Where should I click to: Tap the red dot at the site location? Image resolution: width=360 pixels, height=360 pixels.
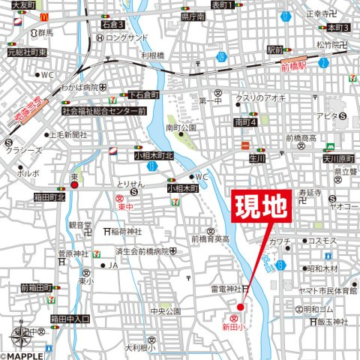tap(241, 307)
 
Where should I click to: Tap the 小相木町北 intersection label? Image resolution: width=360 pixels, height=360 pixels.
tap(153, 155)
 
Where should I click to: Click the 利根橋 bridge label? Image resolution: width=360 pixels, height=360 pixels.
tap(152, 55)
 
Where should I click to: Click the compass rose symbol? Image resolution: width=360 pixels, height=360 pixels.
tap(21, 331)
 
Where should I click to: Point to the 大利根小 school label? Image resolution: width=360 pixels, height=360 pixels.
tap(139, 347)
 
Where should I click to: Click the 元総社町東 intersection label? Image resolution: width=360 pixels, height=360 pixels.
tap(27, 52)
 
